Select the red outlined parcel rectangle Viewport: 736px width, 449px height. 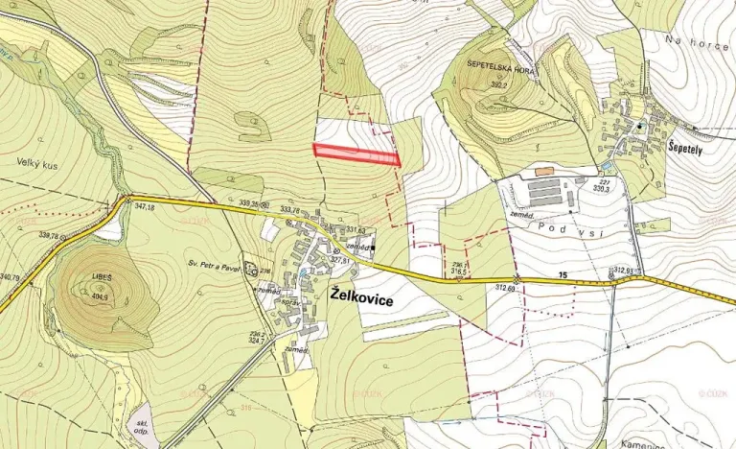pyautogui.click(x=356, y=154)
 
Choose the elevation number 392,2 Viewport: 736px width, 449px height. pyautogui.click(x=497, y=85)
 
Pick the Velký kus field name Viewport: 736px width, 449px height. pyautogui.click(x=37, y=165)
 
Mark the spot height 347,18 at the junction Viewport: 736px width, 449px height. pyautogui.click(x=144, y=207)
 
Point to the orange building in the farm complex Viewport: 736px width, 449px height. pyautogui.click(x=544, y=171)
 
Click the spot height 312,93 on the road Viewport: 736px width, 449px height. pyautogui.click(x=625, y=271)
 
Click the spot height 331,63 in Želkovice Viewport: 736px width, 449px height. pyautogui.click(x=356, y=229)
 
